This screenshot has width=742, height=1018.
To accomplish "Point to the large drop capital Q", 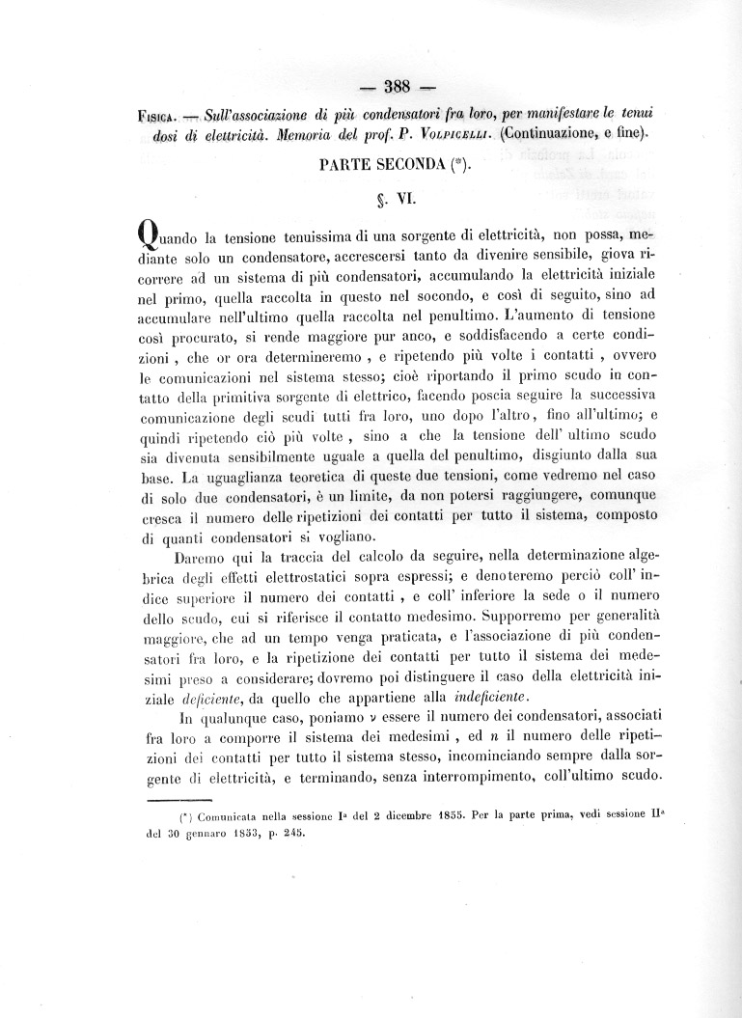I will [148, 237].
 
